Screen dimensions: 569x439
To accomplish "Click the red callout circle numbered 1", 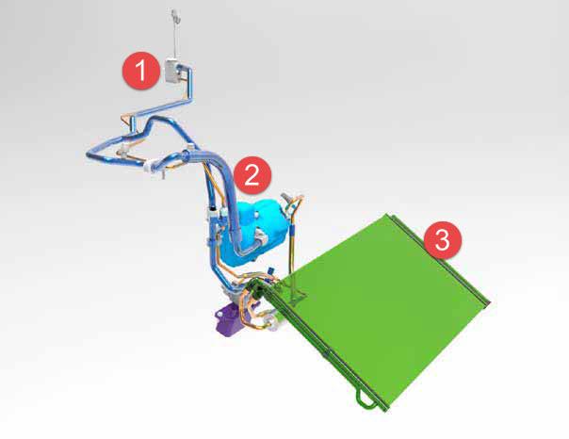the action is [x=140, y=71].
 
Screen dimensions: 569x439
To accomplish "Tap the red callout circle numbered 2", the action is [x=252, y=175].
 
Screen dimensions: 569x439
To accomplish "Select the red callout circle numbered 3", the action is [x=443, y=240].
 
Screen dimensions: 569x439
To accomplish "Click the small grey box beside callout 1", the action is [x=172, y=71].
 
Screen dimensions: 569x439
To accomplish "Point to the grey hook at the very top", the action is [x=175, y=16].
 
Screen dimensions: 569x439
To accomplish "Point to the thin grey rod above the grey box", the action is [x=175, y=40].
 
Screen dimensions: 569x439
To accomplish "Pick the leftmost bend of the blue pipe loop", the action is [x=89, y=154].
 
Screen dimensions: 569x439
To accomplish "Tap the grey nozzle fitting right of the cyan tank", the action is [x=286, y=198].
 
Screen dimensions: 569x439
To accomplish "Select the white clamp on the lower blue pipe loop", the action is [x=152, y=166].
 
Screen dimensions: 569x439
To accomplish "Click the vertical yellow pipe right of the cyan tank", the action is [x=291, y=247].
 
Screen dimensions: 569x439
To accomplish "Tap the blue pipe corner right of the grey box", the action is [x=189, y=69].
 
